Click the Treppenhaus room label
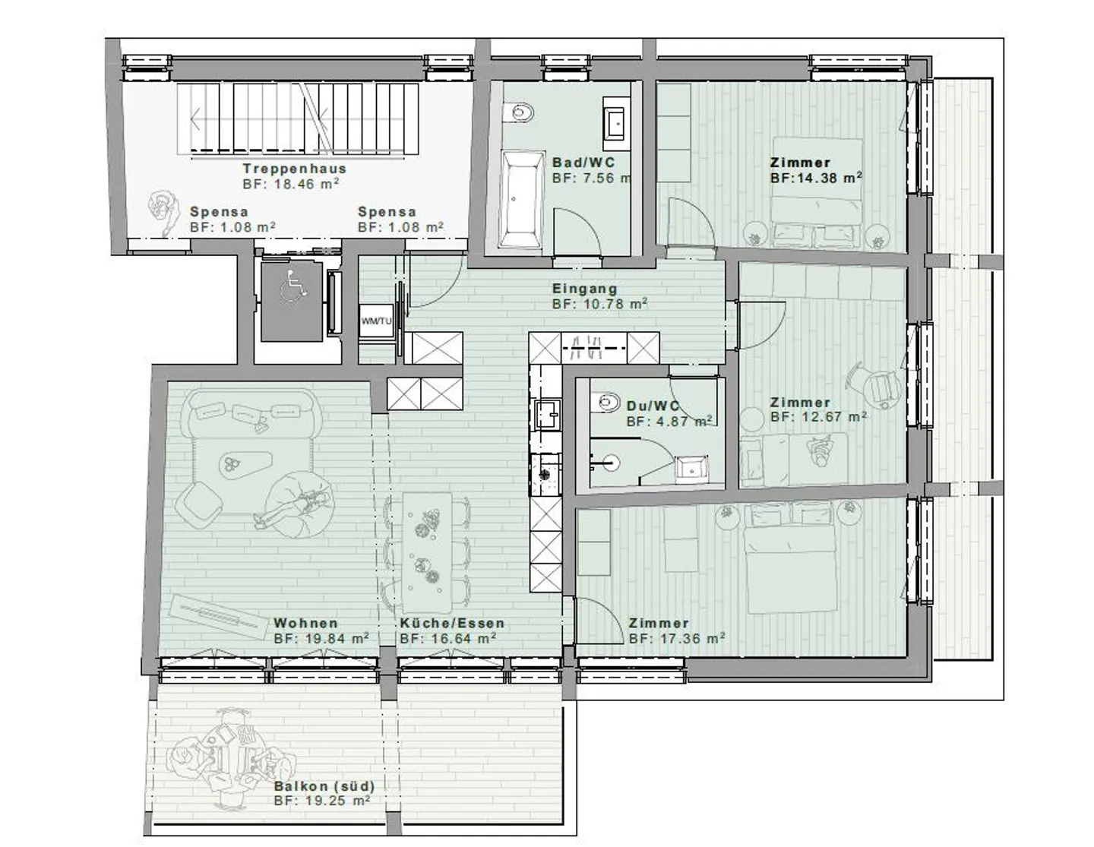(294, 169)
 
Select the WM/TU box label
(376, 321)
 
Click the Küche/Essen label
(452, 624)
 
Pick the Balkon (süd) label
(324, 786)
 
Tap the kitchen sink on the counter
(545, 414)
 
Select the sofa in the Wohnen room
(251, 414)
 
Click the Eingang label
(584, 289)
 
